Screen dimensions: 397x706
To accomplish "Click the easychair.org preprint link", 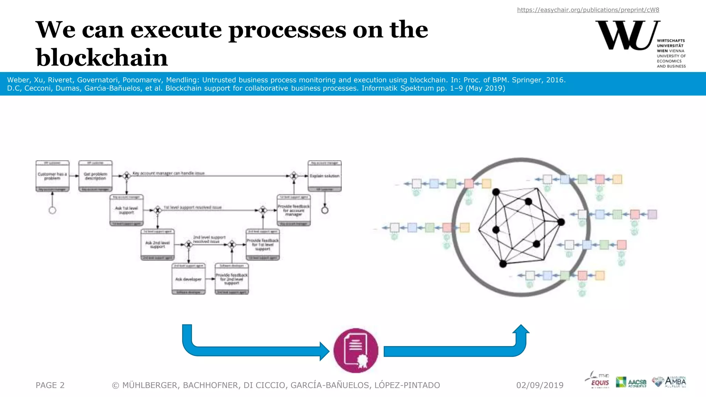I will coord(588,10).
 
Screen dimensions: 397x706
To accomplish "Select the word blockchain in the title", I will coord(102,58).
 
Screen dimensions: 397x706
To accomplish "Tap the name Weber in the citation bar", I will coord(18,80).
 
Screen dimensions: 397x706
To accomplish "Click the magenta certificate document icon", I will coord(356,350).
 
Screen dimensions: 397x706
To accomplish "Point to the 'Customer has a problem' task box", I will coord(52,176).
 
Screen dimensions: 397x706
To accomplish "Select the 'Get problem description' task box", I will coord(95,176).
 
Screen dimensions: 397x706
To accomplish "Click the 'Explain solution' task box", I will coord(324,176).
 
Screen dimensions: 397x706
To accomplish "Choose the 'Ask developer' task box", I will coord(189,279).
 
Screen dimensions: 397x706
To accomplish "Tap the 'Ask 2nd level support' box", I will coord(158,245).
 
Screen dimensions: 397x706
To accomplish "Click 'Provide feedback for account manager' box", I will coord(294,210).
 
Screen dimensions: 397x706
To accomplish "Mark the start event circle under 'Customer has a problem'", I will coord(52,210).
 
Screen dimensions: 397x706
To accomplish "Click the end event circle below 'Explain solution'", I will coord(325,210).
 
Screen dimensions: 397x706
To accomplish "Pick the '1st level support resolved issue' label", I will coord(192,207).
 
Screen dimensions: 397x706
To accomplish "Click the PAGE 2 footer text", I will coord(50,385).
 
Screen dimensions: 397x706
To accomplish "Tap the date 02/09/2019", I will coord(539,385).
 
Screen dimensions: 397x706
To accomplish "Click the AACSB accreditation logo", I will coord(631,382).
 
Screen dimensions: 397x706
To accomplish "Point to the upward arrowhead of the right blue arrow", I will coord(521,329).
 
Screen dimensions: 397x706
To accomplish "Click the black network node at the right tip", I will coord(561,222).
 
